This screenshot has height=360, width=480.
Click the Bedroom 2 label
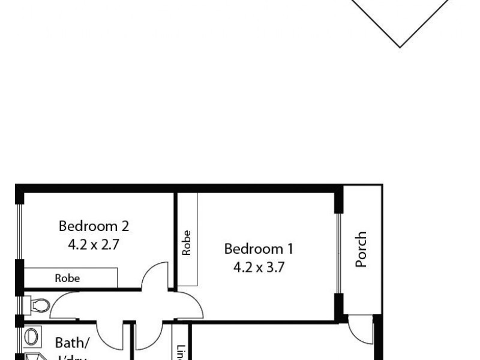(94, 226)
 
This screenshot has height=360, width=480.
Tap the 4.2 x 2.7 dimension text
(94, 244)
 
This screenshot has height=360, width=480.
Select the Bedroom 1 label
(259, 248)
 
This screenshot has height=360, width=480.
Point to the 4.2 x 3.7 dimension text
(259, 266)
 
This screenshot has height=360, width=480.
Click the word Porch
(361, 250)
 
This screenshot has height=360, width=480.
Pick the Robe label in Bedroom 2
(67, 278)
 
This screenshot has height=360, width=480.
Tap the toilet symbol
(37, 305)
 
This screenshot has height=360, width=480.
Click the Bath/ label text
(73, 343)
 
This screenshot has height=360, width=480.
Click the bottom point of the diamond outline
(400, 46)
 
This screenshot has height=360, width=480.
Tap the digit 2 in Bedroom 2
(125, 226)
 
